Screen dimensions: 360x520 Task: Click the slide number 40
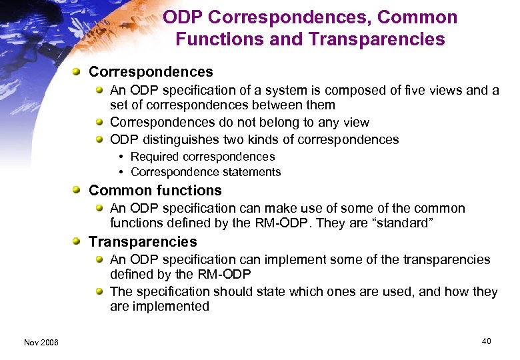tap(486, 341)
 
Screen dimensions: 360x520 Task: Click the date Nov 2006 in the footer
tap(41, 342)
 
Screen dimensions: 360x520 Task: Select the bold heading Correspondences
tap(151, 71)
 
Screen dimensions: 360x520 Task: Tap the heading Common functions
tap(155, 191)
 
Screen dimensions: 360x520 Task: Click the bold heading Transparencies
tap(143, 241)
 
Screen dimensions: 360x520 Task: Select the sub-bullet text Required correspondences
tap(203, 157)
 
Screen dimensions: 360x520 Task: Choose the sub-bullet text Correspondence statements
tap(206, 172)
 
